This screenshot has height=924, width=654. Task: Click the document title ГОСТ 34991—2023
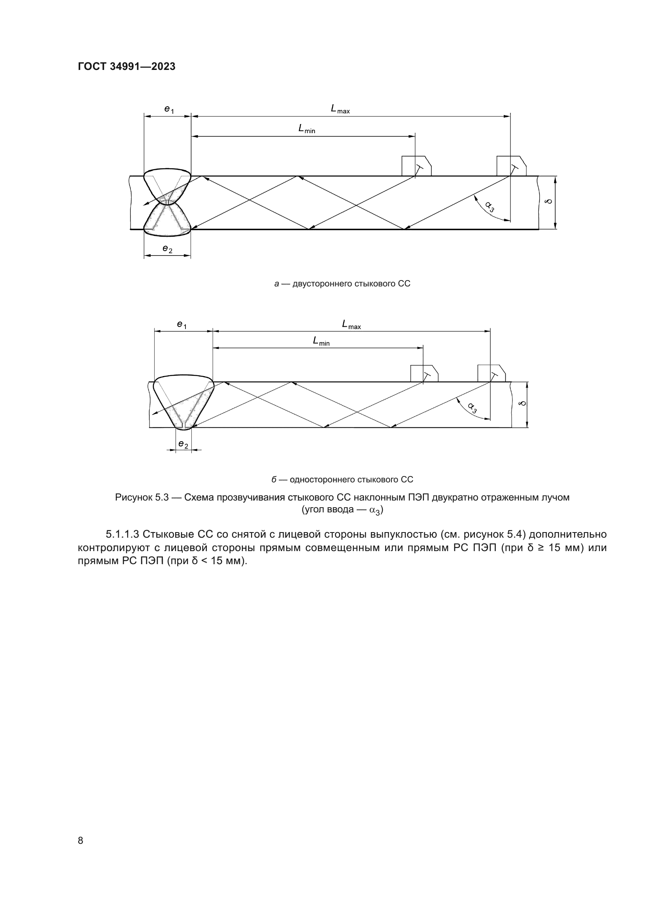point(127,67)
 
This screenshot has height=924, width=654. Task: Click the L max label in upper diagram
point(340,109)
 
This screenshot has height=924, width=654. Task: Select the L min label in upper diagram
point(306,129)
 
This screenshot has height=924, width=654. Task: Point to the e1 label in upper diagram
point(169,109)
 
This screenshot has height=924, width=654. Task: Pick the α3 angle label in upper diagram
point(490,207)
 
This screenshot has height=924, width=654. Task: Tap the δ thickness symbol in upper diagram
point(548,201)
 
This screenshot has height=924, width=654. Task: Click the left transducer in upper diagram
point(416,166)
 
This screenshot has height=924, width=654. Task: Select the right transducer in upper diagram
point(511,166)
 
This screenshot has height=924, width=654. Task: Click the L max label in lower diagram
point(351,324)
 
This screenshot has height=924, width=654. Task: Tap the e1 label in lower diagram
point(181,325)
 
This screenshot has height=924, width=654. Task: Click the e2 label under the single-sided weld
point(183,444)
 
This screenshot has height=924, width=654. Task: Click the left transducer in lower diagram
point(424,373)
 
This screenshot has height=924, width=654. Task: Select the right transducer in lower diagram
point(491,373)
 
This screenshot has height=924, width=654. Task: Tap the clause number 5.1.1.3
point(123,534)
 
